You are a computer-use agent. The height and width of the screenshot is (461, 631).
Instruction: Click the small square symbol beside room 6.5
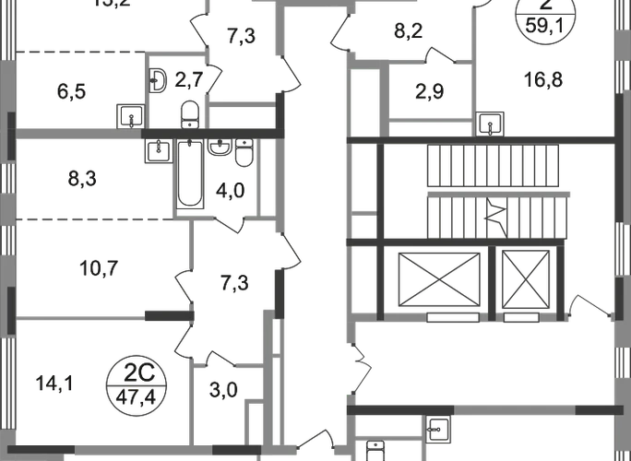pyautogui.click(x=130, y=117)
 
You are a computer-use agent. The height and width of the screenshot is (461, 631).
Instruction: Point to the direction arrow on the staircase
pyautogui.click(x=495, y=217)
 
